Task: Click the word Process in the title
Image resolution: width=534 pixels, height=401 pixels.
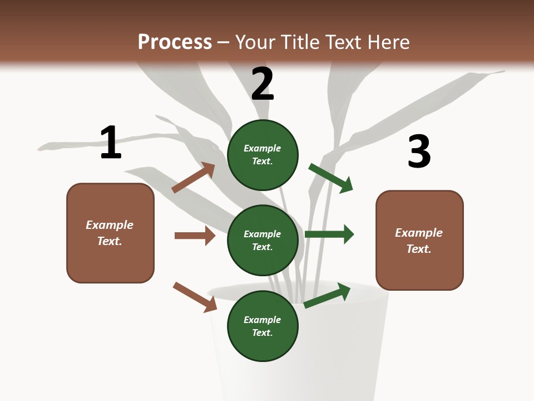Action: (175, 42)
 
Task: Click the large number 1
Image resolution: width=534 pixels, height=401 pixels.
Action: (111, 143)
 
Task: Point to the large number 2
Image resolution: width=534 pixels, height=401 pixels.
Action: (263, 84)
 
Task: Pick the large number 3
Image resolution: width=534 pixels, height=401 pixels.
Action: (419, 151)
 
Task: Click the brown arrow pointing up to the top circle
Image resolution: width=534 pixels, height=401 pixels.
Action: (194, 178)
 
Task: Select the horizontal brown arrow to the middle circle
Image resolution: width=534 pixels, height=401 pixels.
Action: (195, 236)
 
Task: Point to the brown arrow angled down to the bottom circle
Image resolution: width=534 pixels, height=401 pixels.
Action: (195, 297)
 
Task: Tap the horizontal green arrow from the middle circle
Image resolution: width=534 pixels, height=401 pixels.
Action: (329, 234)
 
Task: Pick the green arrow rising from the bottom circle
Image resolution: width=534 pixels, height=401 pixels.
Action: (327, 295)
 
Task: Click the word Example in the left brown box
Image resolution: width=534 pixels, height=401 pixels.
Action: (110, 225)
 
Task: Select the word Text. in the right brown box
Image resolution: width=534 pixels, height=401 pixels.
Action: (419, 249)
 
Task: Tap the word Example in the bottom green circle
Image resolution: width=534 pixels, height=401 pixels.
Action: (263, 320)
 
